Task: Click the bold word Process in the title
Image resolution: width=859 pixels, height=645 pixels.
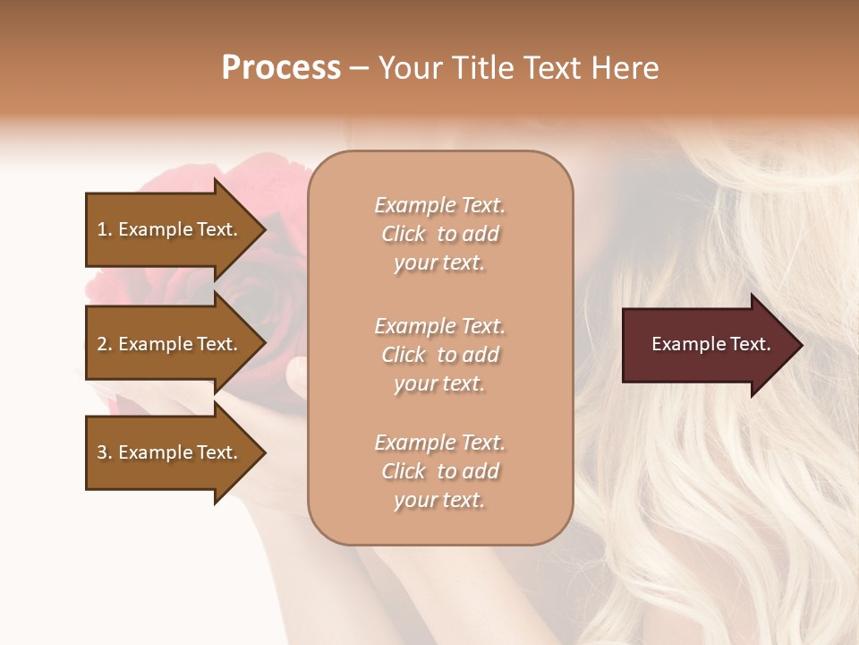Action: [281, 68]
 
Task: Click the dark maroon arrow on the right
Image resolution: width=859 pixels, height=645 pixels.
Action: [707, 345]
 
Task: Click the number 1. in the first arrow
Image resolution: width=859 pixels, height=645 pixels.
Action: [104, 229]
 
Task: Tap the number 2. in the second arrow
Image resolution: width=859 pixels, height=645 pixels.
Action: [104, 344]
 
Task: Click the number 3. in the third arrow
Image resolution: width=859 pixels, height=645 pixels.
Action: [104, 452]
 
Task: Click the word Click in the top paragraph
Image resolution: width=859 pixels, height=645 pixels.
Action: [404, 234]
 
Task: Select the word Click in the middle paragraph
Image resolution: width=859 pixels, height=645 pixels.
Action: [404, 355]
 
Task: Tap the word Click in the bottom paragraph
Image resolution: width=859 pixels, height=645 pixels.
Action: [404, 471]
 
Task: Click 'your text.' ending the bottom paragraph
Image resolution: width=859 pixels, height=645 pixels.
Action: [439, 501]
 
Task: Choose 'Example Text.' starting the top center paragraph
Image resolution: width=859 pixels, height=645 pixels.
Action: [439, 205]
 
